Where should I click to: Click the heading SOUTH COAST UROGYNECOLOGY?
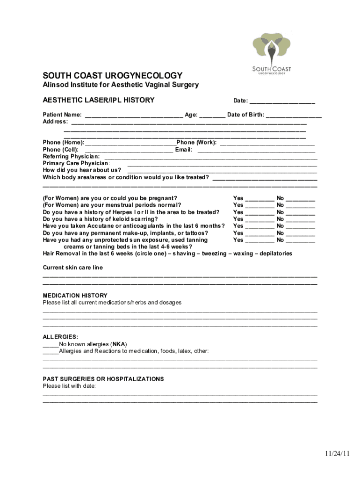click(x=113, y=76)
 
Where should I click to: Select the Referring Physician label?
click(x=71, y=156)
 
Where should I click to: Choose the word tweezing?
click(x=214, y=254)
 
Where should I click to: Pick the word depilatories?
click(x=276, y=254)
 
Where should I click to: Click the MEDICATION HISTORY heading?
click(x=75, y=296)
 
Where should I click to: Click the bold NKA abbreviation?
click(x=119, y=344)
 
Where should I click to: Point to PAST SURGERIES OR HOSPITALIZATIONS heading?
click(x=103, y=379)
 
